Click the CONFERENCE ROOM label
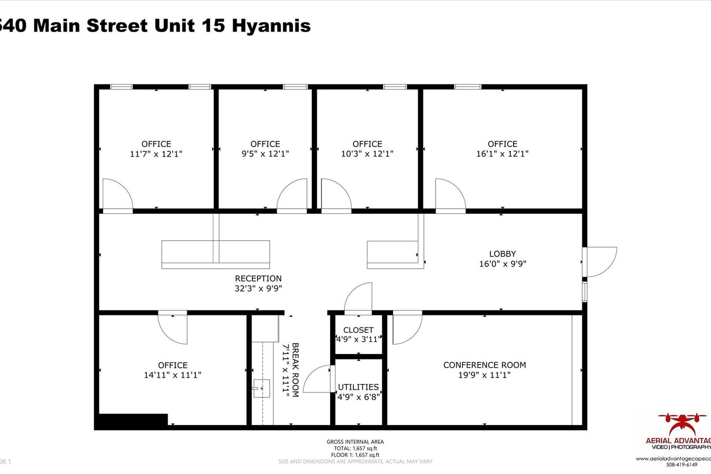(485, 365)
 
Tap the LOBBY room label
(502, 254)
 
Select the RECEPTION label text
(258, 279)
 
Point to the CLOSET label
(358, 330)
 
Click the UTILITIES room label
(358, 387)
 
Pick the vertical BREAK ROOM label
(295, 370)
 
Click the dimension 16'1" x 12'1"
(502, 154)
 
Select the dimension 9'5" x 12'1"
(265, 154)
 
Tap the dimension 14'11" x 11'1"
(173, 375)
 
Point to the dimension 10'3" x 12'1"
(367, 154)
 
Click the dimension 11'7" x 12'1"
(156, 154)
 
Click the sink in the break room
(261, 388)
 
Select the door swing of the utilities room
(319, 379)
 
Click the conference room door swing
(407, 328)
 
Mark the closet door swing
(359, 298)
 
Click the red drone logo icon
(682, 424)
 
